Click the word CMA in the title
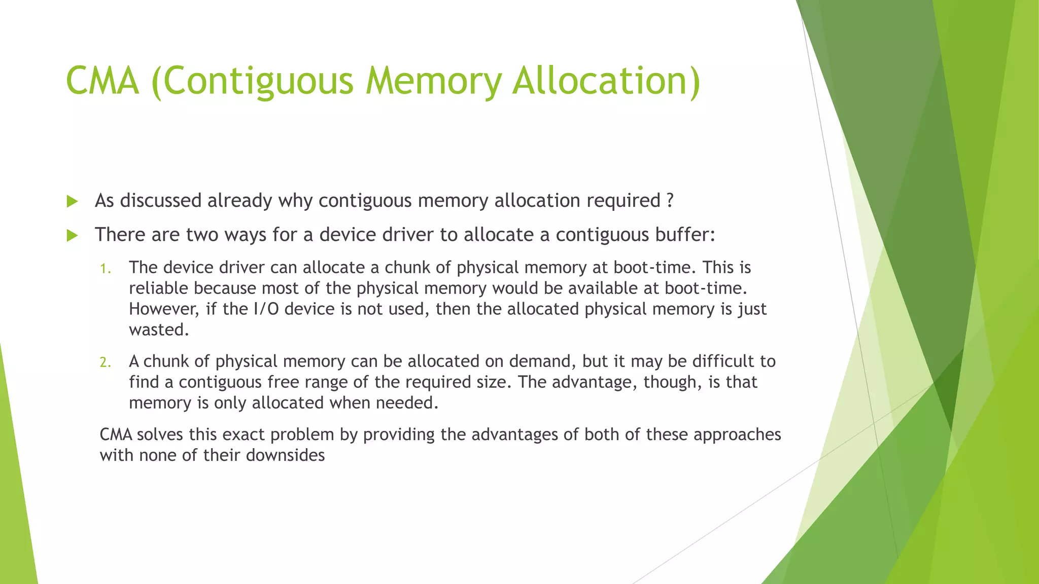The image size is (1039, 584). [102, 81]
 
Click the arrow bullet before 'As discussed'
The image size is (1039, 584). [72, 202]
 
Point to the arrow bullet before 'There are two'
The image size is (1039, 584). [72, 236]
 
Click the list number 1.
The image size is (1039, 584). [105, 269]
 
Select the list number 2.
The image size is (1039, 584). [105, 362]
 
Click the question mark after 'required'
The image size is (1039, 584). [670, 201]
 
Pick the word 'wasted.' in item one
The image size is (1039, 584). [159, 330]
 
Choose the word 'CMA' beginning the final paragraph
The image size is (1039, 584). [116, 434]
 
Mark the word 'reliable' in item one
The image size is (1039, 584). [158, 288]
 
